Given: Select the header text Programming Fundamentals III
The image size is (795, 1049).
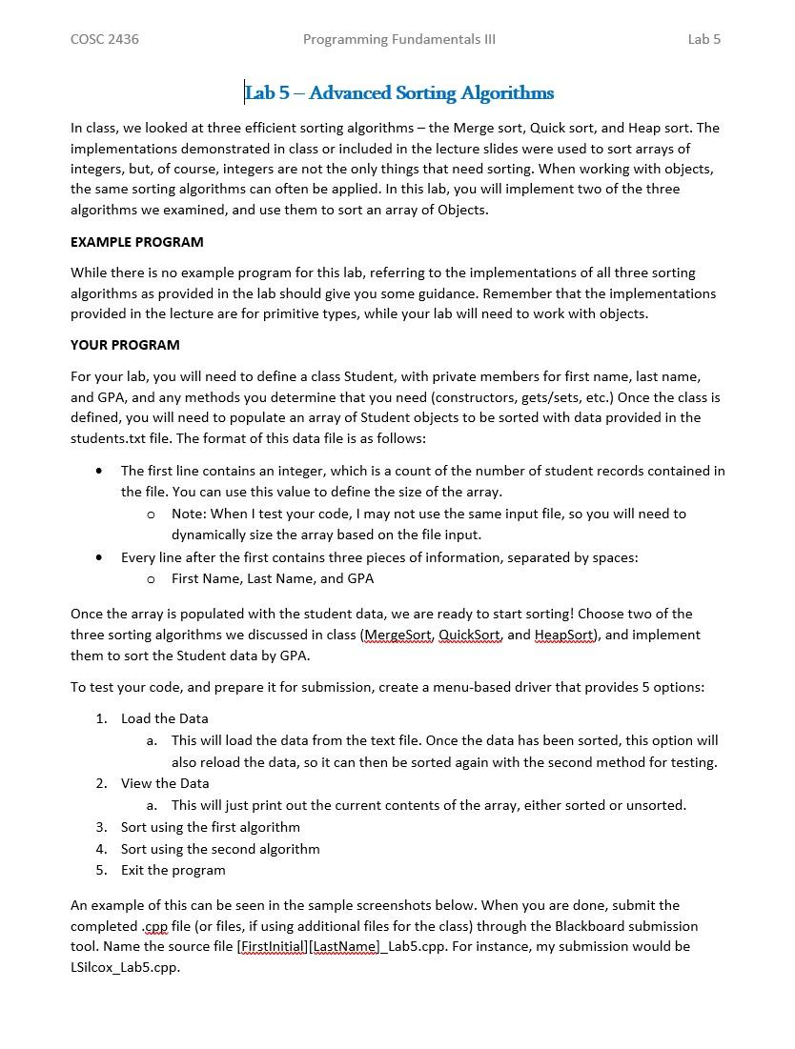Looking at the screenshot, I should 398,39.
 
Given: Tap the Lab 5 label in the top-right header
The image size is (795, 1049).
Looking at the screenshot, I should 703,39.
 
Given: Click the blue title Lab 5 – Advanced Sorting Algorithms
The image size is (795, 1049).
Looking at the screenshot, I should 399,92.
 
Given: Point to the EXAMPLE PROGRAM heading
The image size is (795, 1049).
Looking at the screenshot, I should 136,242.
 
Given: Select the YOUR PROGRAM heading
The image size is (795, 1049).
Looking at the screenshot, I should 125,345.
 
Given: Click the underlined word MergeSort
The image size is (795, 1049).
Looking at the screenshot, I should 398,635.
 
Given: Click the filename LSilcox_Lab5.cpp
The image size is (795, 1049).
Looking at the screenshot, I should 125,967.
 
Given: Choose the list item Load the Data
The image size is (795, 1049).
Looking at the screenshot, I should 164,718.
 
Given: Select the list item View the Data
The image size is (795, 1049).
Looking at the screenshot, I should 165,783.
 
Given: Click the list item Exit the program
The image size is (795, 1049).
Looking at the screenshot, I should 173,870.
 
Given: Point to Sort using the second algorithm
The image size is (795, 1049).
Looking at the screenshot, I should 220,849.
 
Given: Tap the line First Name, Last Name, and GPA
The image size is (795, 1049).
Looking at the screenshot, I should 273,578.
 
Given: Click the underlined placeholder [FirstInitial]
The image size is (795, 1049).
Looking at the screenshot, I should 273,946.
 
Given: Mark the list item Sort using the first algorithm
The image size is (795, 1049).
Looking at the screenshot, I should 210,827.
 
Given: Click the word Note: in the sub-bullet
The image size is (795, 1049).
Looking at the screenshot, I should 189,514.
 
